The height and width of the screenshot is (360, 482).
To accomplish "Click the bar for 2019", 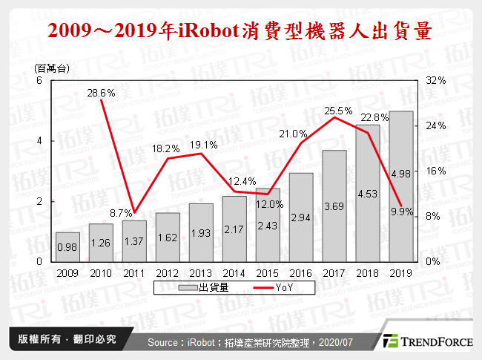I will [401, 186].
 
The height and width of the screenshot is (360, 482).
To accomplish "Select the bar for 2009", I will [67, 246].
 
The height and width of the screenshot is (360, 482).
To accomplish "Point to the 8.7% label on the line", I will [122, 213].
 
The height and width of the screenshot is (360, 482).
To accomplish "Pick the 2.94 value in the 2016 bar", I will [301, 217].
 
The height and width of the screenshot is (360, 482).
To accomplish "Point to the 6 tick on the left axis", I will [39, 80].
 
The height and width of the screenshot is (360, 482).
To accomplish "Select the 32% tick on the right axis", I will [435, 80].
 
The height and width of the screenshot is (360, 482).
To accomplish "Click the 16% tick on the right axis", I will [435, 171].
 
